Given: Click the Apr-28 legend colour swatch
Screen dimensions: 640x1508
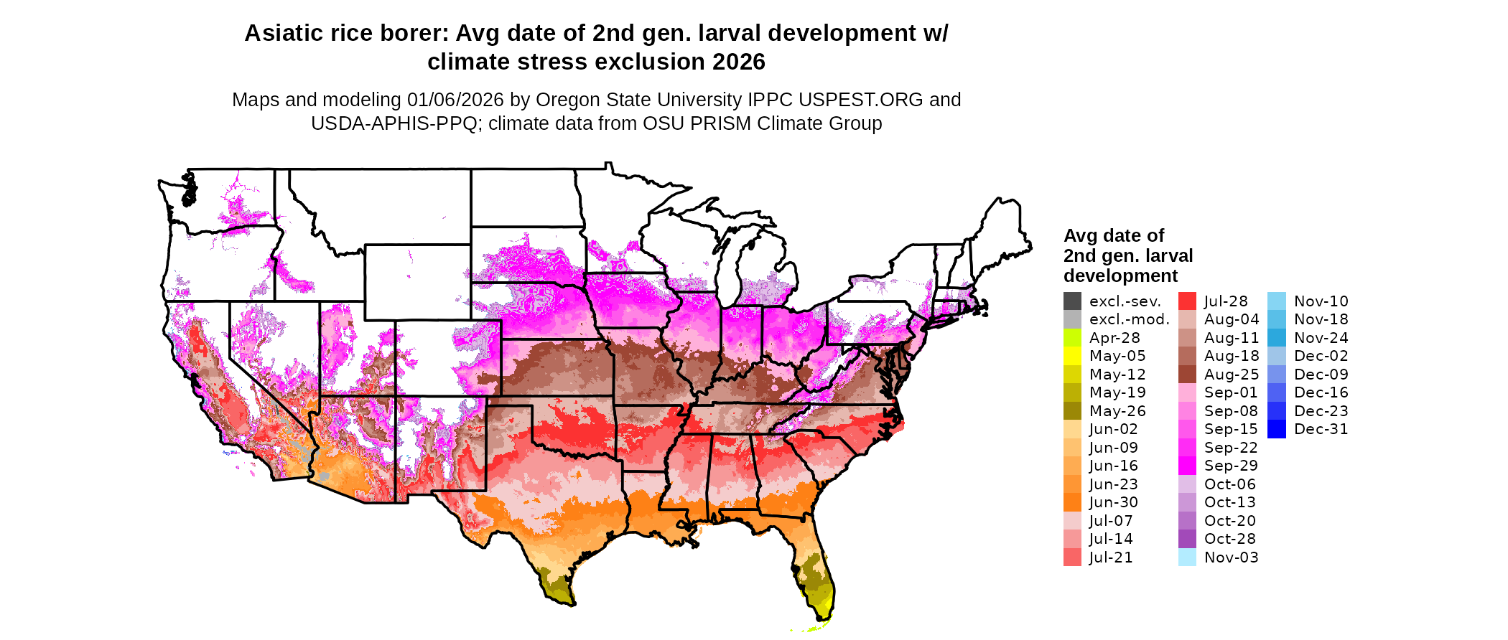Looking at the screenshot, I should point(1072,338).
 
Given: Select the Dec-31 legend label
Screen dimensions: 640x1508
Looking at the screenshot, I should point(1321,429).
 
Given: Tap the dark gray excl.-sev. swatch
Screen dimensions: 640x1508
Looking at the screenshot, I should point(1072,301).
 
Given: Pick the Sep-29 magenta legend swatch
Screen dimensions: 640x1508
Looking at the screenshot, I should point(1187,466).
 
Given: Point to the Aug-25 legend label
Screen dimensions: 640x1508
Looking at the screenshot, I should point(1231,375).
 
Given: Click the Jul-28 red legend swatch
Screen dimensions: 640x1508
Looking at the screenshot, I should point(1187,301).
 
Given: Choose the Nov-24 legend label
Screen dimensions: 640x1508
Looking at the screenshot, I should point(1321,338).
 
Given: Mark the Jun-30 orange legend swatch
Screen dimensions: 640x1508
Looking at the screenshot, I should point(1072,502).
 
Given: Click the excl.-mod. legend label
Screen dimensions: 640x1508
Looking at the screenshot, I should point(1129,319).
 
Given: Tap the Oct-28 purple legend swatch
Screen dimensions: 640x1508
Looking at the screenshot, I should point(1187,539).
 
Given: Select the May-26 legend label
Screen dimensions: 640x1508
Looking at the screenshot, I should point(1117,411).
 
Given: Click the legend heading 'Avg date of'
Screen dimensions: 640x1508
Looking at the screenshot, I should point(1113,236).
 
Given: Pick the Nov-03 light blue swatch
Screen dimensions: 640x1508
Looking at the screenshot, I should point(1187,557).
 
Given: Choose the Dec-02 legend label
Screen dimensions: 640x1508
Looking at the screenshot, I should point(1321,356).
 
